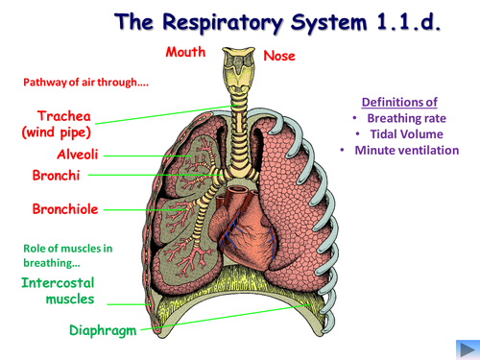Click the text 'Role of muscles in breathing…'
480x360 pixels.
67,255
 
